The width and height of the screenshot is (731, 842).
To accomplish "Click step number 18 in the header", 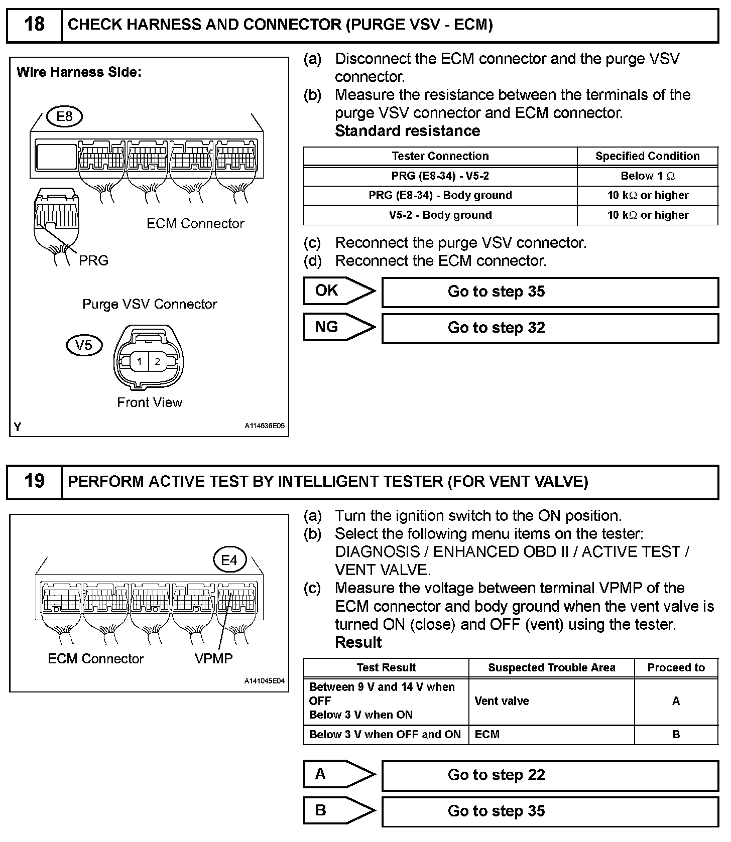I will [x=34, y=24].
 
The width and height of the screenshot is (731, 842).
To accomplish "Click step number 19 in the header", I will [x=34, y=481].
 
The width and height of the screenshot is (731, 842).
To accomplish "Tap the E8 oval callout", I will [x=64, y=117].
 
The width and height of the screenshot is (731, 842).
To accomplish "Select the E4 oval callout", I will [x=229, y=559].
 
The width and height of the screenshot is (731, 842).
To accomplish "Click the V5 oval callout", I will [x=84, y=345].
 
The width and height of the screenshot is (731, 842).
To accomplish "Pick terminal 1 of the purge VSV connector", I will [x=139, y=361].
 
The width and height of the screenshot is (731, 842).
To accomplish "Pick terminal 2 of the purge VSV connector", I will [x=158, y=361].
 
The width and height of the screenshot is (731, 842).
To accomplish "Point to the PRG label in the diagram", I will [x=93, y=260].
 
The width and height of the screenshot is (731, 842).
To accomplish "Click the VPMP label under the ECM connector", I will [x=214, y=658].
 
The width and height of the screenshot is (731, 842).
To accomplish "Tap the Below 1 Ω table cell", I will [x=648, y=176].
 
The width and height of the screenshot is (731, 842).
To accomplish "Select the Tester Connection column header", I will [x=440, y=156].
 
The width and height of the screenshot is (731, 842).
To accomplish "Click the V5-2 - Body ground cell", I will [x=440, y=215].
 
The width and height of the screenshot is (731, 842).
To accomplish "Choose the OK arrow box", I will [x=339, y=291].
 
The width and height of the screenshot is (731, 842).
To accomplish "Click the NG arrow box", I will [x=339, y=327].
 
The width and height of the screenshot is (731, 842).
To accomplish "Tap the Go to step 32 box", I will [x=550, y=328].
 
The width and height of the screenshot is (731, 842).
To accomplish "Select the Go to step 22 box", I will [x=550, y=775].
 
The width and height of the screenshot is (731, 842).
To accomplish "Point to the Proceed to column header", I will [x=676, y=667].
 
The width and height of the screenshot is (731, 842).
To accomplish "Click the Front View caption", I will [x=150, y=402].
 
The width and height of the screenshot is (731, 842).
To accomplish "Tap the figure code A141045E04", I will [x=265, y=681].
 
